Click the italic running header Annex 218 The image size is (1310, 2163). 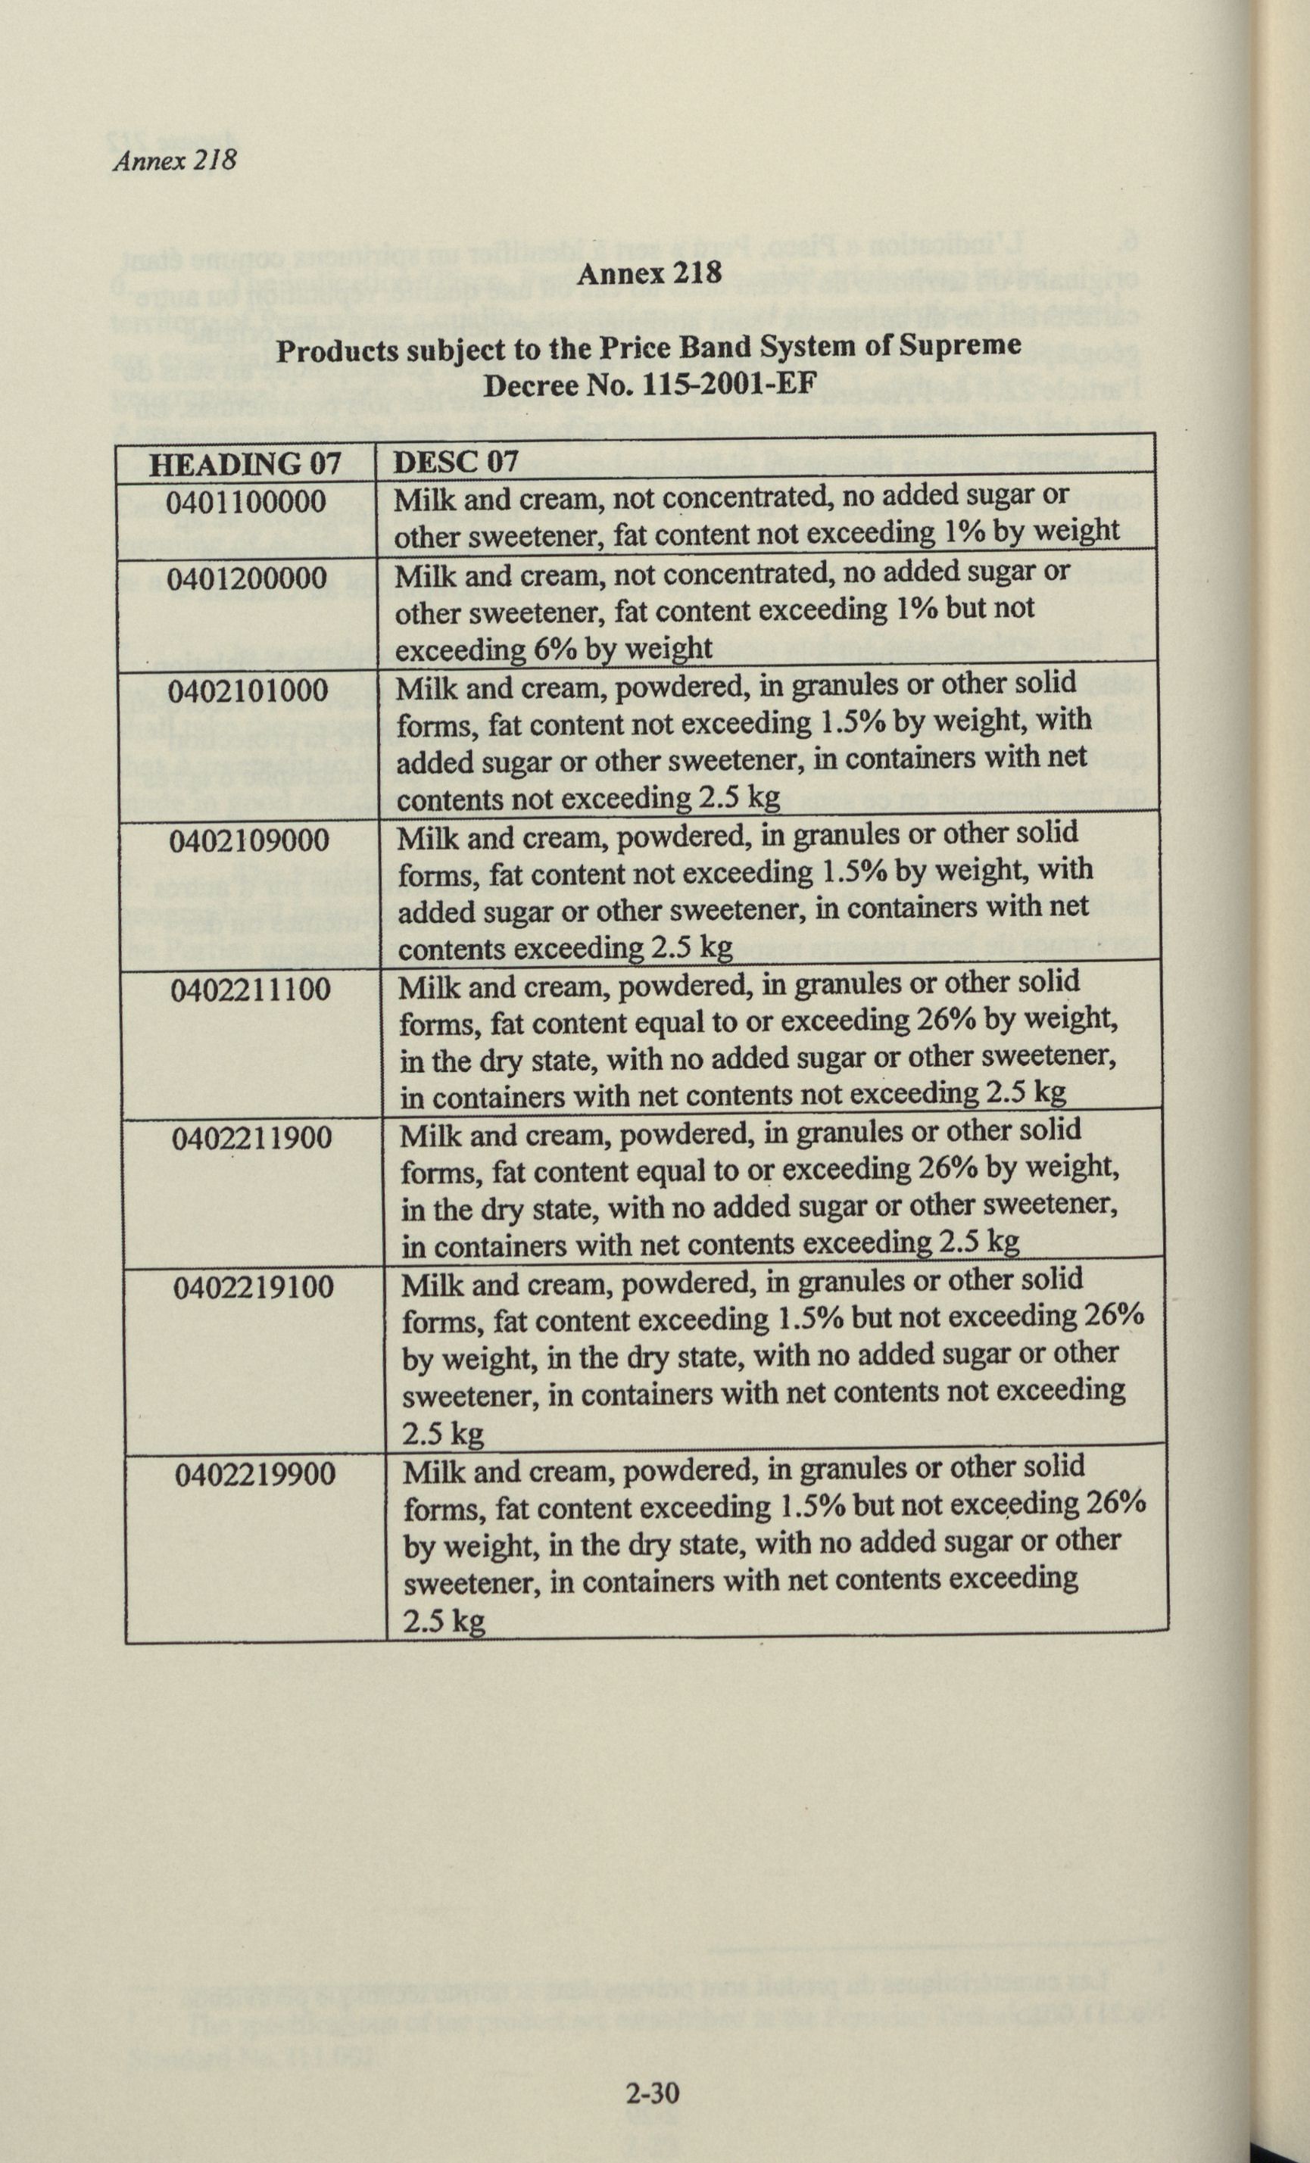[x=175, y=161]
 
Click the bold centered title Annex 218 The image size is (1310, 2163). [x=650, y=273]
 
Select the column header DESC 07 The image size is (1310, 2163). [x=456, y=462]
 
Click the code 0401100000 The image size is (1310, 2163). [x=246, y=502]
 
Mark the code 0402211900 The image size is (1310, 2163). [x=252, y=1139]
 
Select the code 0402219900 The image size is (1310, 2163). [x=254, y=1474]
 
